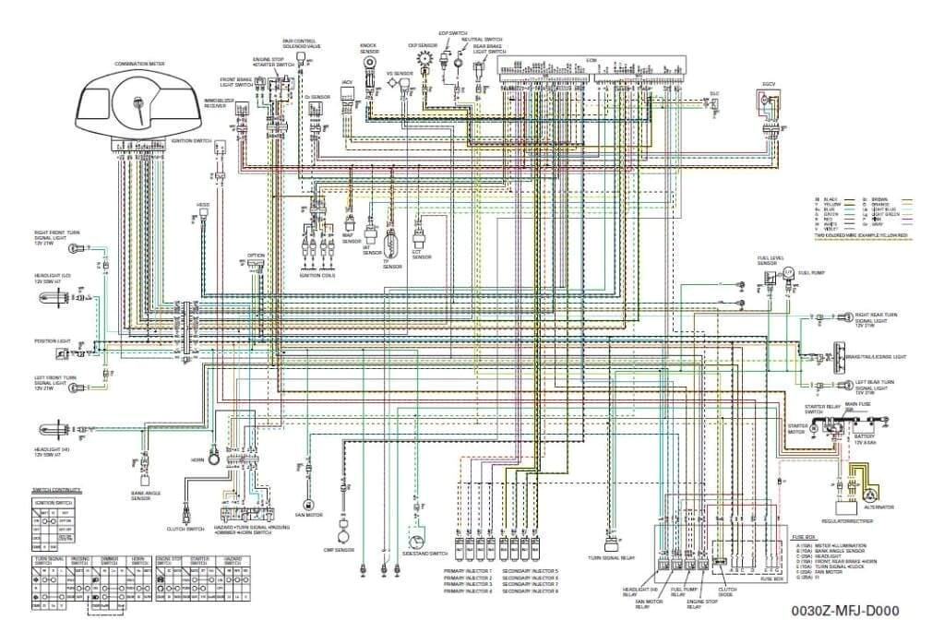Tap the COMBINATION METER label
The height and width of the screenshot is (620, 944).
[x=139, y=65]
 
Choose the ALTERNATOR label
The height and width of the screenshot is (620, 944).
[x=878, y=507]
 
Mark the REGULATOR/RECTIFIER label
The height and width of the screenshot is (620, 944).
[x=854, y=522]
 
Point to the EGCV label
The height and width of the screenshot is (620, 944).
[x=767, y=84]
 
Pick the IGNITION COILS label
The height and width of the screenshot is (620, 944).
[x=318, y=275]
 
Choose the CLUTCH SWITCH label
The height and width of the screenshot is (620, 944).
[x=185, y=530]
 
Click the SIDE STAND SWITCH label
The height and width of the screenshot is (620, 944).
[x=425, y=554]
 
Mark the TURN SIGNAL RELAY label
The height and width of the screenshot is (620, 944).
[x=608, y=557]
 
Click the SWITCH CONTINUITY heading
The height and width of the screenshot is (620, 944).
[x=57, y=491]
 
